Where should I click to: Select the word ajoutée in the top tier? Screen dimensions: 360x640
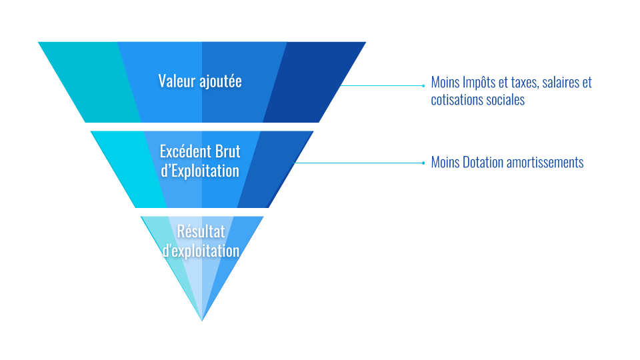[221, 82]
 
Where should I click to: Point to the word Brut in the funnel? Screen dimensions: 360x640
[227, 152]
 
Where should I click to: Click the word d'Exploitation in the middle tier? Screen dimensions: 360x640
[200, 171]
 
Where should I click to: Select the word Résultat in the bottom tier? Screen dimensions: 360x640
[201, 232]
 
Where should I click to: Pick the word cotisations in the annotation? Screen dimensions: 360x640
[457, 100]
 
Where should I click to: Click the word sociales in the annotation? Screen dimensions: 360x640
[505, 100]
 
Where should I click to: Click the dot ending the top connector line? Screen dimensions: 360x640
[423, 85]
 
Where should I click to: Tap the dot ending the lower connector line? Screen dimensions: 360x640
[423, 163]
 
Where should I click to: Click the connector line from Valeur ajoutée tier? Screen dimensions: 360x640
[380, 85]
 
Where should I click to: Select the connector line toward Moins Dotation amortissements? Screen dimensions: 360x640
[360, 163]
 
